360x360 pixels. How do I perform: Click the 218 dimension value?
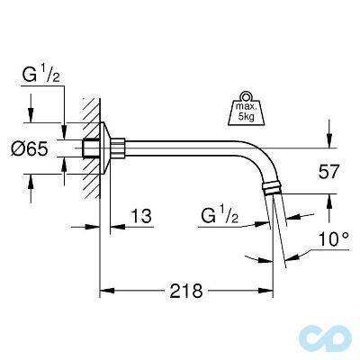click(x=184, y=290)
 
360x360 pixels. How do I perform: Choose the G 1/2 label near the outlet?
click(x=220, y=216)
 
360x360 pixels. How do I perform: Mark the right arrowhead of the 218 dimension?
click(x=267, y=290)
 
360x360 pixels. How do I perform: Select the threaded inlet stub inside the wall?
click(x=90, y=147)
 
